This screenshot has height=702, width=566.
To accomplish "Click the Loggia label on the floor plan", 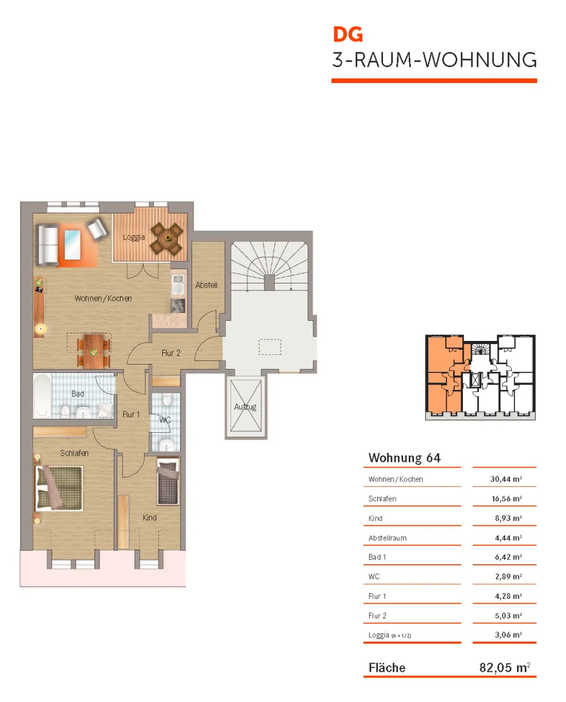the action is tap(134, 237).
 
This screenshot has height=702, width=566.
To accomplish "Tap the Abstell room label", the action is tap(206, 285).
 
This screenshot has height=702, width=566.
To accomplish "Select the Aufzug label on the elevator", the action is tap(245, 407).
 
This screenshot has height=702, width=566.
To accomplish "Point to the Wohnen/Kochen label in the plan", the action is tap(103, 298).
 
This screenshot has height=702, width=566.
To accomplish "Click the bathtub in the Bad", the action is tap(42, 396).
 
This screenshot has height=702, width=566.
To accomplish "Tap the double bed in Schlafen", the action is tap(59, 488).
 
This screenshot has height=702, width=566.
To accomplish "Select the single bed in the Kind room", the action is tap(168, 482).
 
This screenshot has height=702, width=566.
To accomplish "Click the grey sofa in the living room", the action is tap(48, 245).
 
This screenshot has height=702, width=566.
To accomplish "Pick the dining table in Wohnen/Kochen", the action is tap(94, 351).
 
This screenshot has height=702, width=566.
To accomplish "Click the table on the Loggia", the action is tap(167, 238).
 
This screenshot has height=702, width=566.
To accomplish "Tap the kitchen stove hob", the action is tap(178, 305).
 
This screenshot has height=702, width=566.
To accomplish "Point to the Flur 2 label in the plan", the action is tap(171, 354).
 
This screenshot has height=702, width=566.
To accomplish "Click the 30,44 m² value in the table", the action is tap(506, 479).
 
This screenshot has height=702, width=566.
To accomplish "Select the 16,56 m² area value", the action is tap(507, 499).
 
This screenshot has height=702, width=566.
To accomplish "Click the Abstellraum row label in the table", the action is tap(387, 538).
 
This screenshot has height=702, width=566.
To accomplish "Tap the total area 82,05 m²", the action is tap(505, 667).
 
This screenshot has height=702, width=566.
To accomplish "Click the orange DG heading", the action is tap(348, 35).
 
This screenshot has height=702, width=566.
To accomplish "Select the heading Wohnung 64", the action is tap(404, 457).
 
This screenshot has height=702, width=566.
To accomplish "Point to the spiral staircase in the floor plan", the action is tap(269, 266).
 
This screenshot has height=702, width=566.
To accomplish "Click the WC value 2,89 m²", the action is tap(508, 577).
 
